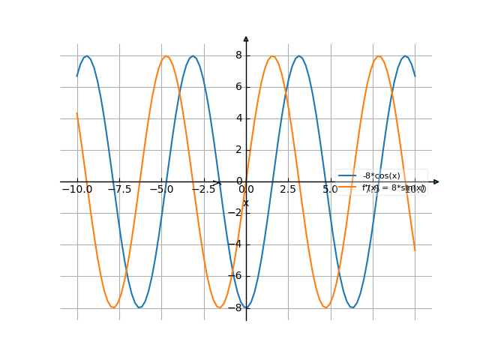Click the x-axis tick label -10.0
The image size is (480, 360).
pyautogui.click(x=76, y=190)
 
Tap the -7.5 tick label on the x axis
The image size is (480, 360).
pyautogui.click(x=118, y=190)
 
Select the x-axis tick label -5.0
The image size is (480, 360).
pyautogui.click(x=161, y=190)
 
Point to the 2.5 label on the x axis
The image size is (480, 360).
pyautogui.click(x=288, y=190)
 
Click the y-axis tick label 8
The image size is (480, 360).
pyautogui.click(x=238, y=55)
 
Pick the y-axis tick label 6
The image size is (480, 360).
pyautogui.click(x=238, y=87)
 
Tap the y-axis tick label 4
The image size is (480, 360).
pyautogui.click(x=238, y=118)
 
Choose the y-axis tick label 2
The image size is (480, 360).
pyautogui.click(x=238, y=150)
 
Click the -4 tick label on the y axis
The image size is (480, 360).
pyautogui.click(x=237, y=244)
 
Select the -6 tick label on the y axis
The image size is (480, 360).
pyautogui.click(x=237, y=276)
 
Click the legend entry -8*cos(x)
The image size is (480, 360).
pyautogui.click(x=381, y=176)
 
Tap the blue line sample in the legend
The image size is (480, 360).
pyautogui.click(x=347, y=176)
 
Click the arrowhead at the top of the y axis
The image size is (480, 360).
pyautogui.click(x=246, y=38)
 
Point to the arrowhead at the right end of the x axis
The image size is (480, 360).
pyautogui.click(x=436, y=181)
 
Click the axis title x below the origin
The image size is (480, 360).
pyautogui.click(x=246, y=203)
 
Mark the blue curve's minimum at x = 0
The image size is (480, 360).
pyautogui.click(x=246, y=307)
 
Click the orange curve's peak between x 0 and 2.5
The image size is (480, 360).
pyautogui.click(x=272, y=56)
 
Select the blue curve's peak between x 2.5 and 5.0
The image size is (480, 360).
pyautogui.click(x=299, y=56)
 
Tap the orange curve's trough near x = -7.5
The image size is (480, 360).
pyautogui.click(x=113, y=307)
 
